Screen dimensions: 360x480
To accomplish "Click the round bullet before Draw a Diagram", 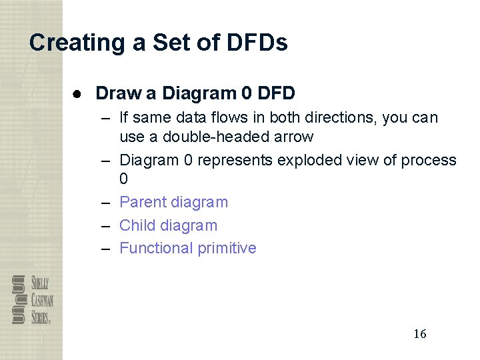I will point(78,93).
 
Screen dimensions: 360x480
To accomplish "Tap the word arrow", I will point(291,137).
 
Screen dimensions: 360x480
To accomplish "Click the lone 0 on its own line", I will point(123,179).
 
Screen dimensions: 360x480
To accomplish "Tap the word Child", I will point(137,225).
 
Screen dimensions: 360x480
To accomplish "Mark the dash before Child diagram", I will point(105,225).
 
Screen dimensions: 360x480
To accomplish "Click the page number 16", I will point(419,334).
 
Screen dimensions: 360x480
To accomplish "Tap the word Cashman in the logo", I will point(41,299).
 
